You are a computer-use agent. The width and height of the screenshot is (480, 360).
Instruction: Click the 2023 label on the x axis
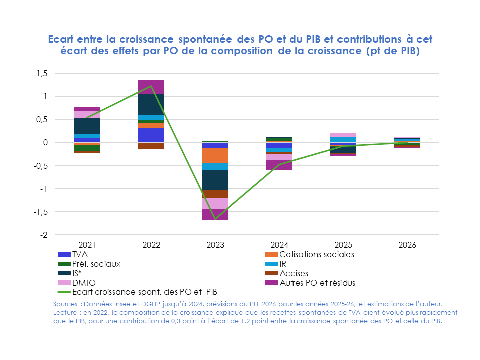[x=215, y=245]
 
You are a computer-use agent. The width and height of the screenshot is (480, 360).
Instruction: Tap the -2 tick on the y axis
[x=44, y=235]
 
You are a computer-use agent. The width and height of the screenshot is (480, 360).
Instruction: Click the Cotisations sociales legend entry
[x=316, y=254]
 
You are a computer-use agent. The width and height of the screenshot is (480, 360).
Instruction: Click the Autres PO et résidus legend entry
[x=317, y=283]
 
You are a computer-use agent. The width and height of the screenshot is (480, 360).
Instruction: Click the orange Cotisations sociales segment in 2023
[x=215, y=155]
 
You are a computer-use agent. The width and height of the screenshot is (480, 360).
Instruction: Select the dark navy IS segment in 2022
[x=151, y=104]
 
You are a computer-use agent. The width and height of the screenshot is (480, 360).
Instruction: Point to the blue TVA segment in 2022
[x=151, y=135]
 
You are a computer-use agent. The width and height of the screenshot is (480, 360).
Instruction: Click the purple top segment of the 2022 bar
[x=151, y=86]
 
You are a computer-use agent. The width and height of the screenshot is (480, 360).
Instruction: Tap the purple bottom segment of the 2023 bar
[x=215, y=215]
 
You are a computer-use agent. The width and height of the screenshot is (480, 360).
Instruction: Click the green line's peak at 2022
[x=151, y=86]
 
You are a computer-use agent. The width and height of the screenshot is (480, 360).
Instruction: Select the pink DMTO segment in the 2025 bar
[x=343, y=135]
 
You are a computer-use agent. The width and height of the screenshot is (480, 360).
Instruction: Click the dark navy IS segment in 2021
[x=87, y=126]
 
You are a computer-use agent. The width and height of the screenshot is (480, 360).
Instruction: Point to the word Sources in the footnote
[x=66, y=304]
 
